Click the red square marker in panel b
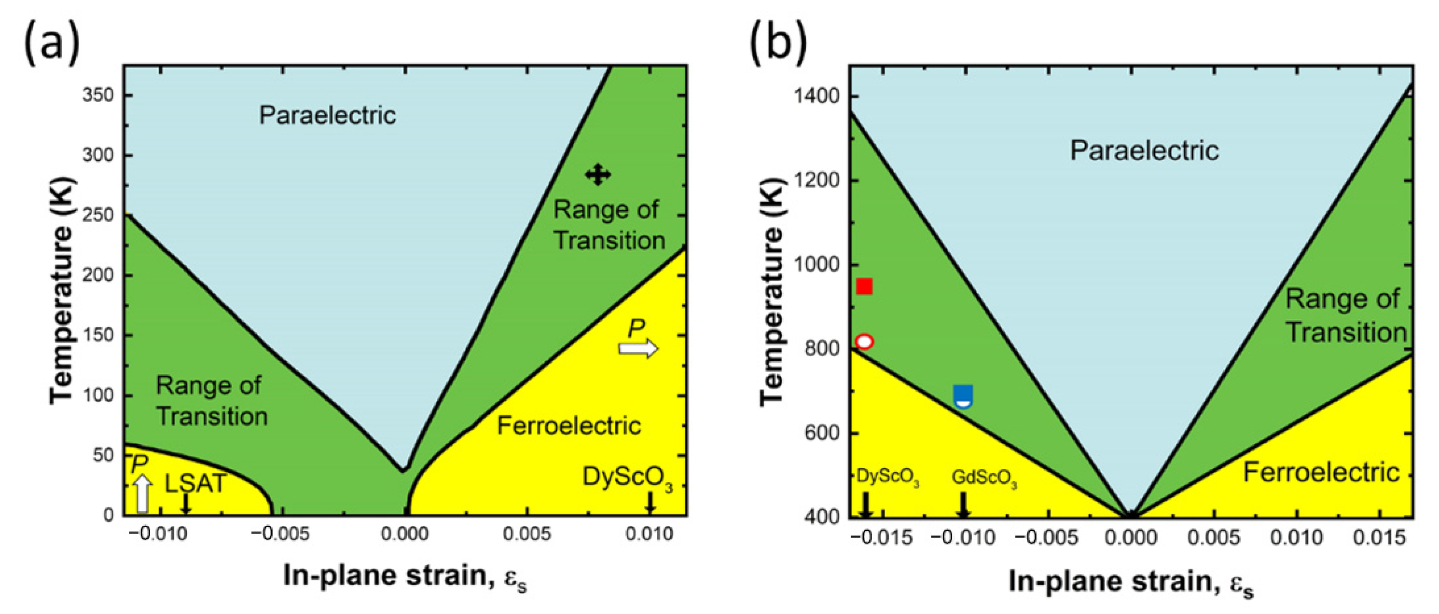864,287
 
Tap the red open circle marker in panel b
864,341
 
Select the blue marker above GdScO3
963,396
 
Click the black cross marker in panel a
598,175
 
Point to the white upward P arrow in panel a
143,493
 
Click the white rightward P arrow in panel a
638,349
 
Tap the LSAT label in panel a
195,483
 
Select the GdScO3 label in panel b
984,478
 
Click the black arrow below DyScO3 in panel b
865,504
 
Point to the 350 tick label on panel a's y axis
98,95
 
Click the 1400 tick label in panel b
816,96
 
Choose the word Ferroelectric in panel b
1321,473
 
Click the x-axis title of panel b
1131,582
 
